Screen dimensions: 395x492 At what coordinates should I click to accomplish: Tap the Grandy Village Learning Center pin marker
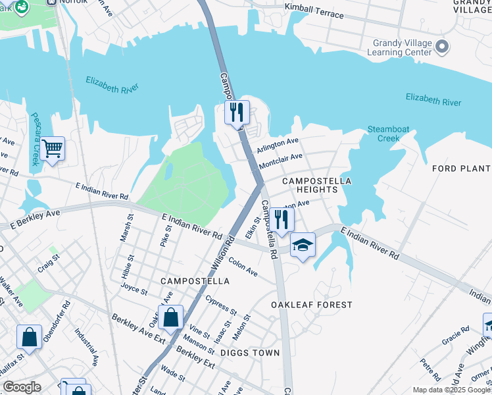point(442,47)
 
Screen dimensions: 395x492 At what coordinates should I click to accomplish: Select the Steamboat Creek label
point(383,134)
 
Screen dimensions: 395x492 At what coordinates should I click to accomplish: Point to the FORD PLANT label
point(461,169)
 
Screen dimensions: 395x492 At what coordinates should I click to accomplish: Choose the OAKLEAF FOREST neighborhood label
point(312,305)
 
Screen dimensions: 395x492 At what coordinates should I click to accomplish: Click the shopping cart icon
point(52,148)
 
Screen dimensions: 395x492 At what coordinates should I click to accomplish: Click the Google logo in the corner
point(22,387)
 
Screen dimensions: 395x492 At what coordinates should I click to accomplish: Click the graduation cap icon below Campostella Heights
point(303,246)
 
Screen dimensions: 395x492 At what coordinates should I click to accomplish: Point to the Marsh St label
point(124,226)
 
